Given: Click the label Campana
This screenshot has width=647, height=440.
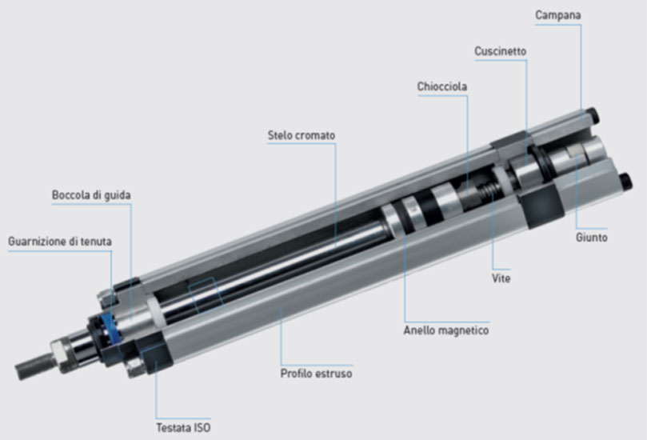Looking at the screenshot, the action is tap(558, 15).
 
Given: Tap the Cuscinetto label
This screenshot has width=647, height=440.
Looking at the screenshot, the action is tap(500, 51).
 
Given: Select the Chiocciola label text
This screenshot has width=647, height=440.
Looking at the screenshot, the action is tap(442, 86).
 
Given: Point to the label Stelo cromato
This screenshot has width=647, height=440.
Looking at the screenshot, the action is tap(302, 135).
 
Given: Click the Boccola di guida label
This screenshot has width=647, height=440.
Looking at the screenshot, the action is tap(91, 195).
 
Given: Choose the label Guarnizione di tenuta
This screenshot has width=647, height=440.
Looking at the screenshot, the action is tap(60, 242).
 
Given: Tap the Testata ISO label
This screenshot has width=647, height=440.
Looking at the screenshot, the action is tap(183, 428).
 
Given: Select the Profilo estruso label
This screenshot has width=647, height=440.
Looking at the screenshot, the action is tap(316, 374).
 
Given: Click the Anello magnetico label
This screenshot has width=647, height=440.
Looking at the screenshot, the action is tap(446, 330).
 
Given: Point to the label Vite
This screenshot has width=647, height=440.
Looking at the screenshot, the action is tap(501, 278).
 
